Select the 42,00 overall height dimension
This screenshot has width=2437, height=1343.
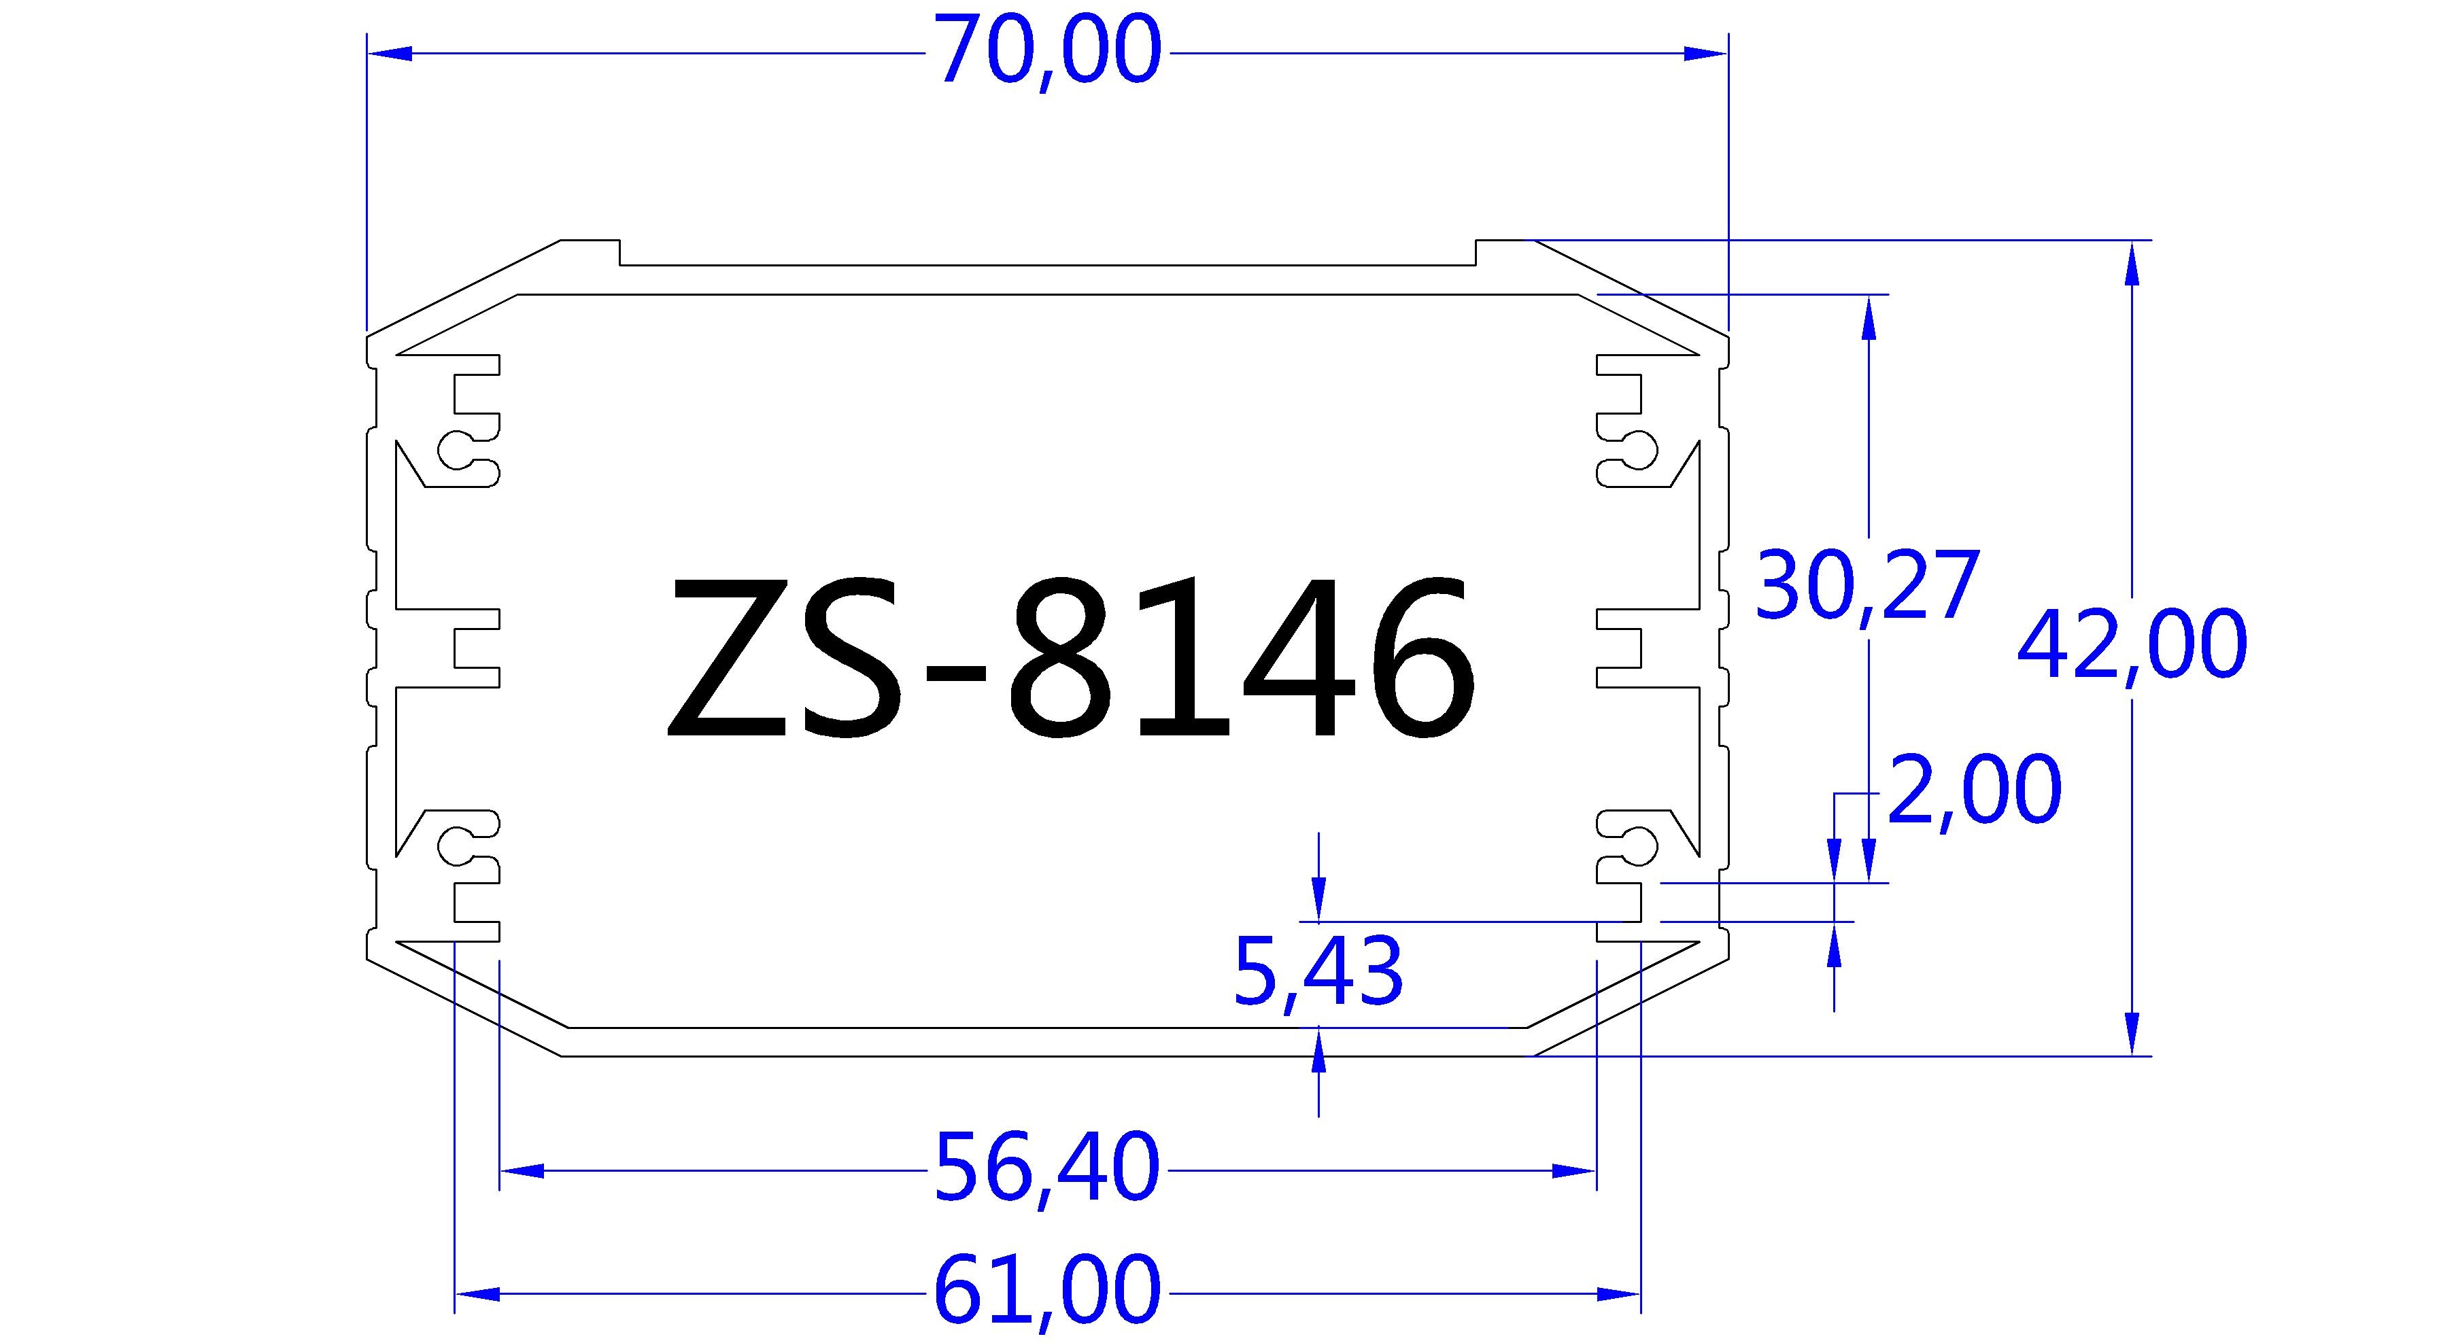click(x=2132, y=645)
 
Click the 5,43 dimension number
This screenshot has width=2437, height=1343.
click(x=1318, y=973)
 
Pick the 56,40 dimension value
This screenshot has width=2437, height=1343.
click(x=1046, y=1169)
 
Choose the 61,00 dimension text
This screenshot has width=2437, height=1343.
click(x=1046, y=1292)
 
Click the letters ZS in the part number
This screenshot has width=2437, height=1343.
click(x=785, y=657)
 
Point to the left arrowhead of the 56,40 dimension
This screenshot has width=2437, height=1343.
click(x=522, y=1171)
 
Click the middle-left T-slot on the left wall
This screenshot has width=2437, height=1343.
click(x=473, y=647)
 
